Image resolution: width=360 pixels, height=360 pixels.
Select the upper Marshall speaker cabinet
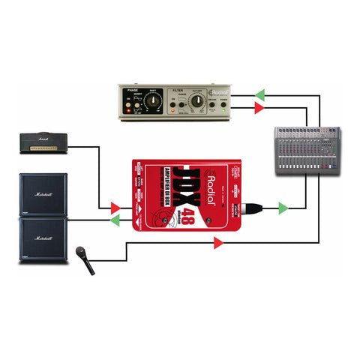click(x=43, y=194)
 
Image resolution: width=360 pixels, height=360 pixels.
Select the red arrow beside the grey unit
click(x=259, y=109)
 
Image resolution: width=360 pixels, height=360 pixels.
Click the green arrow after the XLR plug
click(x=283, y=208)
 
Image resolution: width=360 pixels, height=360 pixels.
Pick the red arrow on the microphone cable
click(x=218, y=242)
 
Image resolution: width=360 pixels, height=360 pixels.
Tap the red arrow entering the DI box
click(x=115, y=207)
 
